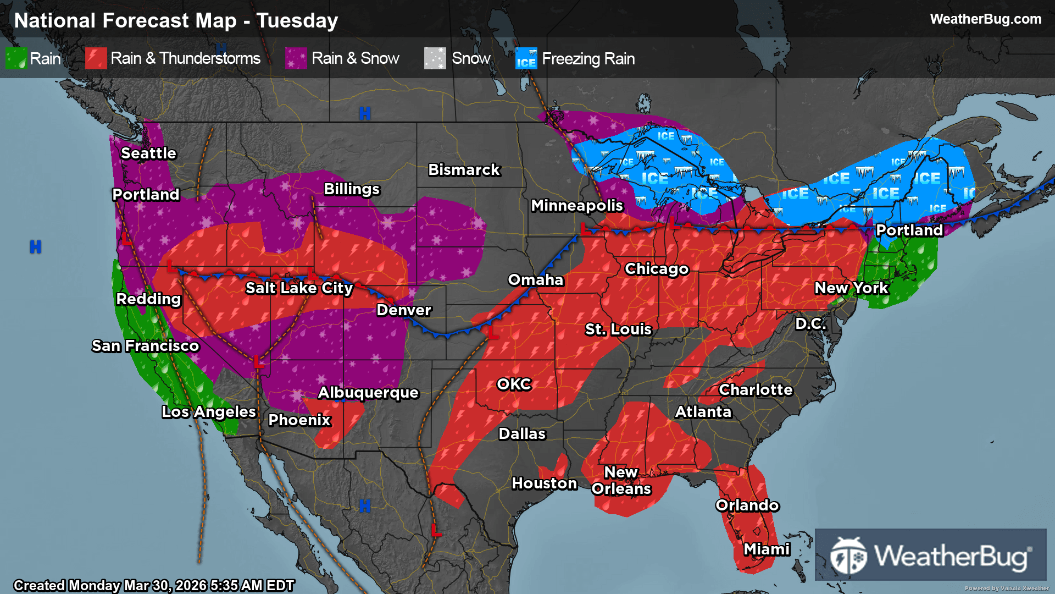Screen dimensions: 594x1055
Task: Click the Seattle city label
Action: click(148, 153)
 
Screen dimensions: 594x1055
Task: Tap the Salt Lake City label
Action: click(299, 288)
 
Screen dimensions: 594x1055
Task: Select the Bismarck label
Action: click(464, 170)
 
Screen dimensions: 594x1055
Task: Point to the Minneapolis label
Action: click(576, 206)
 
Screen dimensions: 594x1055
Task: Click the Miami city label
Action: click(767, 549)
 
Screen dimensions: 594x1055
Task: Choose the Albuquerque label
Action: click(368, 393)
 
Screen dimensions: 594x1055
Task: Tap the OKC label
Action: click(514, 384)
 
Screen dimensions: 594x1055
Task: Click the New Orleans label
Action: click(621, 481)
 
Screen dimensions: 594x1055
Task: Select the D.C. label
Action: click(810, 324)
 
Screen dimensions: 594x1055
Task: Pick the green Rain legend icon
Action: click(16, 58)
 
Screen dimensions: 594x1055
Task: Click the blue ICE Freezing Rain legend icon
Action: click(526, 58)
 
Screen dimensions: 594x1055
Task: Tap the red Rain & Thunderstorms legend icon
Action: click(96, 58)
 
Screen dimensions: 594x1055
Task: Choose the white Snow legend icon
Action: click(435, 58)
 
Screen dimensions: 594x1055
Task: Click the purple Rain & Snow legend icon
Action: click(296, 58)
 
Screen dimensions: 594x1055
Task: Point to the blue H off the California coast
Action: click(35, 247)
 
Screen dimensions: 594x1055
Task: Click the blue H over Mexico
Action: click(365, 506)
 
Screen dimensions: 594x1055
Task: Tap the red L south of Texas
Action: click(436, 531)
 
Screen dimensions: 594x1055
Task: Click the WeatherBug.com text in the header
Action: click(985, 19)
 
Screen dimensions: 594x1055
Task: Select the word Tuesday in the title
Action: click(297, 21)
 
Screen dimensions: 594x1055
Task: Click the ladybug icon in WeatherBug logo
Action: click(848, 556)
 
